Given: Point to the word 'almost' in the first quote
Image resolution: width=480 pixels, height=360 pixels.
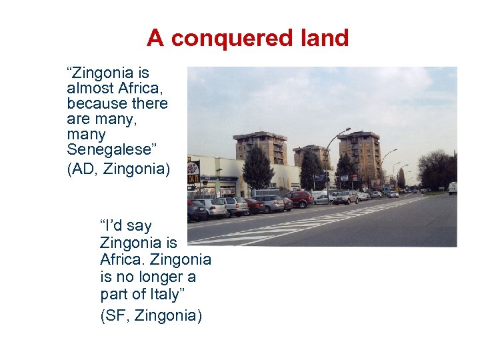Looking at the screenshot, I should (89, 88).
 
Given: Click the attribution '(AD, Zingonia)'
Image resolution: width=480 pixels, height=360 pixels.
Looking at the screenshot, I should (119, 169).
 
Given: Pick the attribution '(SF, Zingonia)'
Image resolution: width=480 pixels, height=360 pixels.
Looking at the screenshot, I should (151, 315).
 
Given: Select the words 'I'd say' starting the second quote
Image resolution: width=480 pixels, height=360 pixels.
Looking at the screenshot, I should (125, 225).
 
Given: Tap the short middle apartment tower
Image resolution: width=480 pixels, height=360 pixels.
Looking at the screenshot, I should (311, 157).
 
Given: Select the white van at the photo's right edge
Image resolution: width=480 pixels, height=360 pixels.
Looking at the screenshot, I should (453, 189).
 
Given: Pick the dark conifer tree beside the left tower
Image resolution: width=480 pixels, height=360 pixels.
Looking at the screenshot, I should (257, 170).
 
